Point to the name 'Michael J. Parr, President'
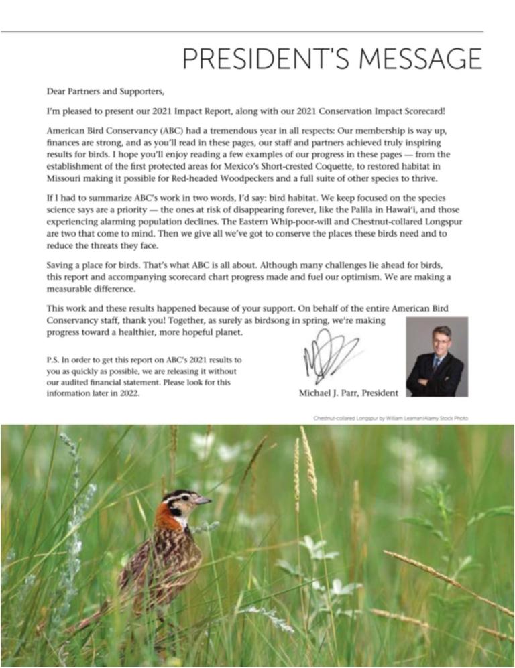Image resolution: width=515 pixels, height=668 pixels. coord(348,393)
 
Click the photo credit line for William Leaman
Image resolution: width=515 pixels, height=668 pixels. coord(390,418)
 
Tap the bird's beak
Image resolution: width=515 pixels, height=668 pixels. coord(204,500)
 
